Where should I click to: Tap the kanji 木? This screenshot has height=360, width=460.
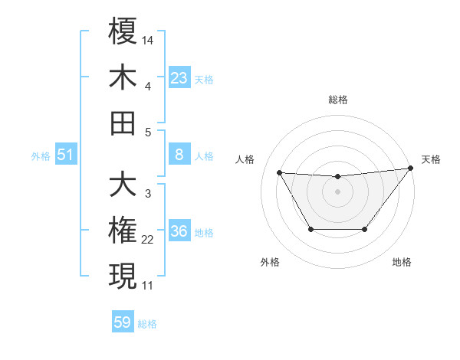[123, 77]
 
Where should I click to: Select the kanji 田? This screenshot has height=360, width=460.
[123, 123]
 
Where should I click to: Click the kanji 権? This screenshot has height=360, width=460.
[123, 231]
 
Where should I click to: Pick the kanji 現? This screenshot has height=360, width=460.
[123, 276]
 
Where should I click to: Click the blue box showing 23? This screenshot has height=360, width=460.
[179, 78]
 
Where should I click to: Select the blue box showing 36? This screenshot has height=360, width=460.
[179, 232]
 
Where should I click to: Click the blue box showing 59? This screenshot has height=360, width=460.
[123, 322]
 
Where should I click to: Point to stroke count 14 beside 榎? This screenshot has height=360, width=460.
[148, 38]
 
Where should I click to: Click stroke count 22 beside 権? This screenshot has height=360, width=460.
[148, 240]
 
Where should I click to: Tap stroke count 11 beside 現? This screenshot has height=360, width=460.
[148, 285]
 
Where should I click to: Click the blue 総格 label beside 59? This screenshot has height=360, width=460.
[147, 324]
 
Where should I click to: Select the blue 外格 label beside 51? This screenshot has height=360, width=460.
[41, 156]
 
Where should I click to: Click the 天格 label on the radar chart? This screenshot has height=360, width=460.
[431, 159]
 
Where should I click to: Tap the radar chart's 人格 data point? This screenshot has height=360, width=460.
[279, 172]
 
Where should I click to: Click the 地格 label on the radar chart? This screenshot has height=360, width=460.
[402, 262]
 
